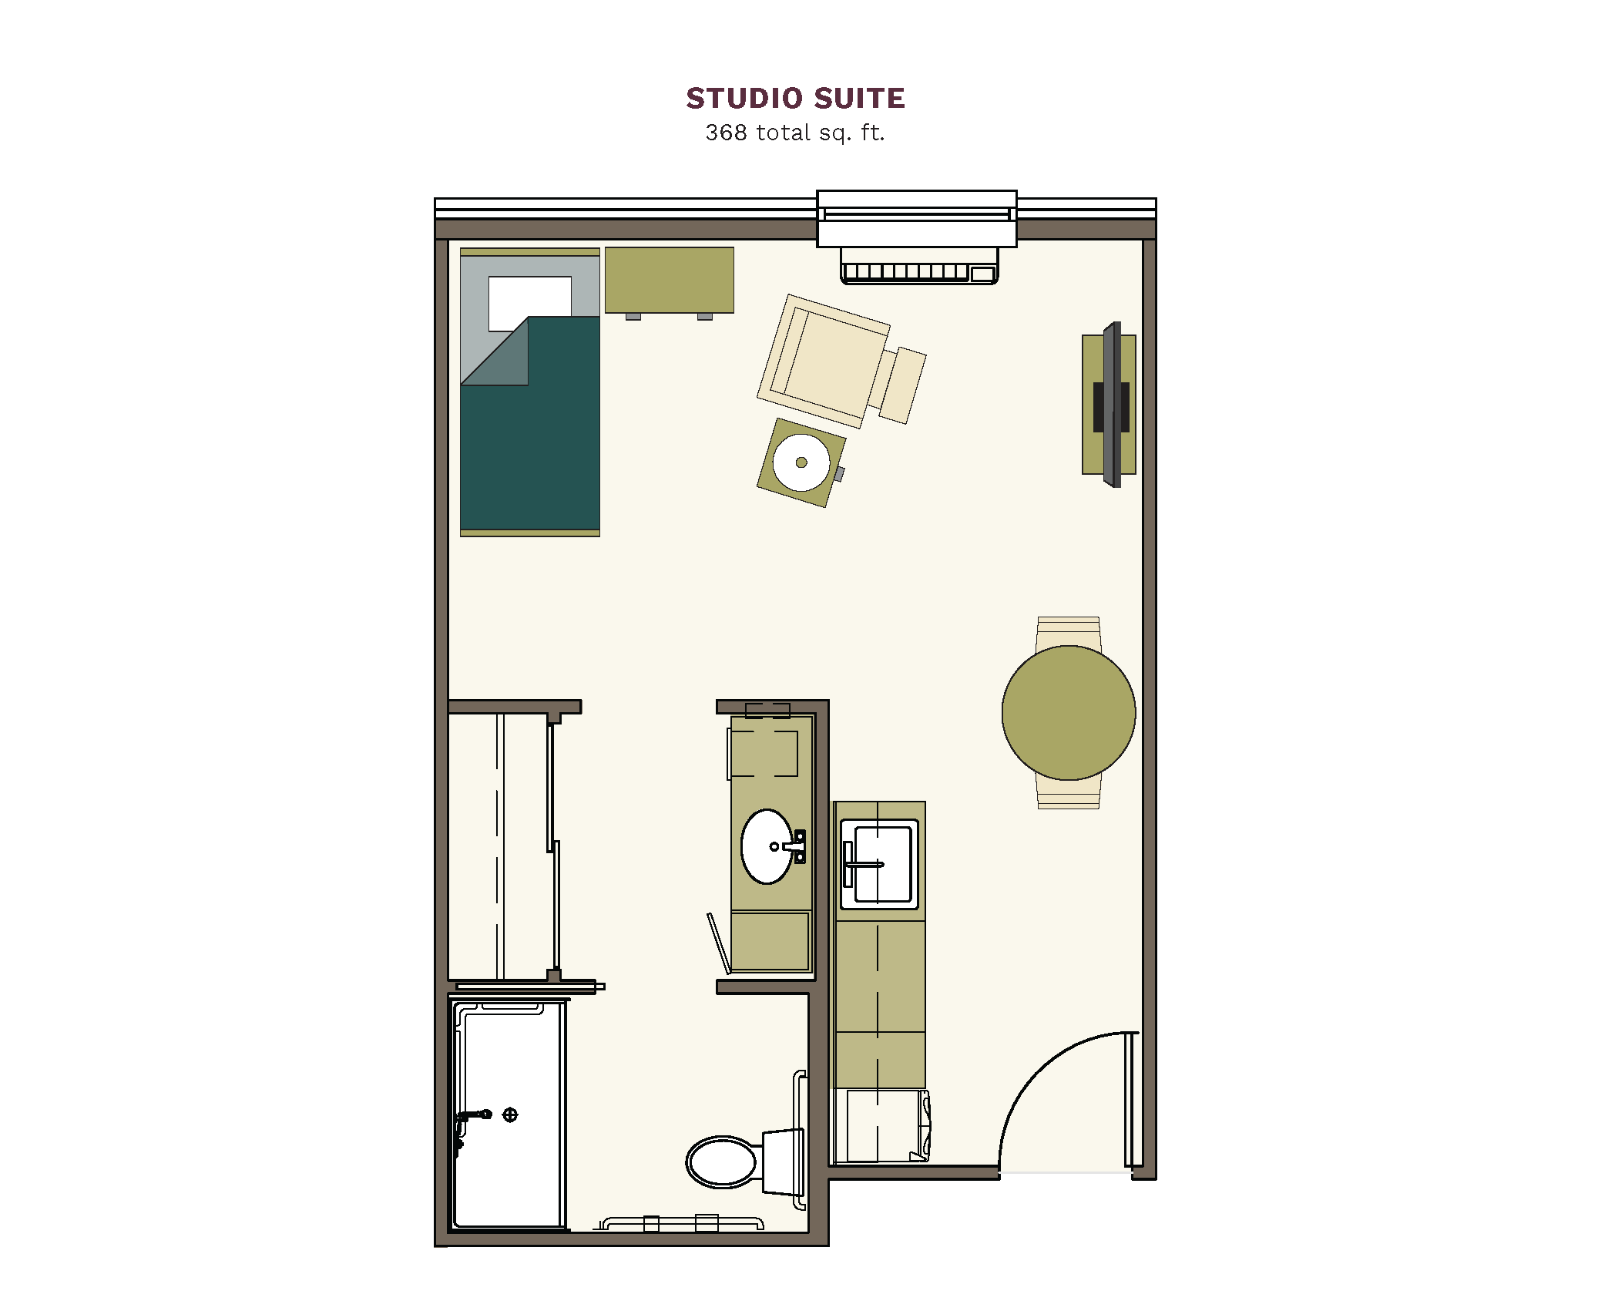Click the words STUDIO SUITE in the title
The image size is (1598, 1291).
pyautogui.click(x=795, y=99)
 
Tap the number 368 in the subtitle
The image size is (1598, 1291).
pyautogui.click(x=726, y=133)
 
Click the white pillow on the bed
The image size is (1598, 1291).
pyautogui.click(x=529, y=302)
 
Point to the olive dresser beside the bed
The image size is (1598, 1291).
pyautogui.click(x=669, y=281)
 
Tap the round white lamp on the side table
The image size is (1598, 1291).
pyautogui.click(x=801, y=462)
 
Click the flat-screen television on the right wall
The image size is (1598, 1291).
pyautogui.click(x=1112, y=405)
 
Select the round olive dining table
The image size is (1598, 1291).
pyautogui.click(x=1069, y=713)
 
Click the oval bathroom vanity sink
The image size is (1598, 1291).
pyautogui.click(x=767, y=846)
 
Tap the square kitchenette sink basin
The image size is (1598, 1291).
pyautogui.click(x=878, y=864)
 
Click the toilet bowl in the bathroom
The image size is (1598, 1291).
pyautogui.click(x=722, y=1162)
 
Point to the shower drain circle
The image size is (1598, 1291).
pyautogui.click(x=510, y=1114)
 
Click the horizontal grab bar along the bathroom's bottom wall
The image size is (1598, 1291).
pyautogui.click(x=682, y=1223)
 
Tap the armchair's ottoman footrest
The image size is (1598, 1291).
pyautogui.click(x=902, y=385)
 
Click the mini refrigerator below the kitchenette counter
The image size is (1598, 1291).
pyautogui.click(x=882, y=1126)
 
